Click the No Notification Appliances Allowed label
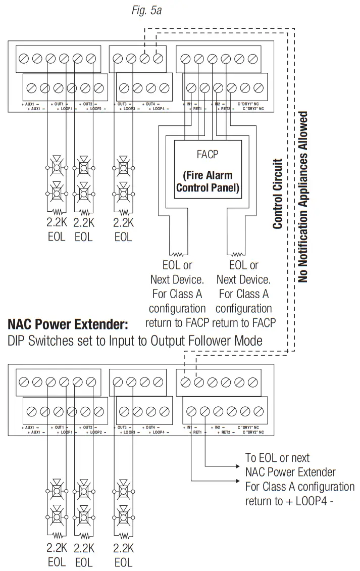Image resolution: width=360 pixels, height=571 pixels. point(302,197)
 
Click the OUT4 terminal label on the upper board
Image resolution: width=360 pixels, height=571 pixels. point(150,104)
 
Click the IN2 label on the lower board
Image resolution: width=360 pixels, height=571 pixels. point(218,428)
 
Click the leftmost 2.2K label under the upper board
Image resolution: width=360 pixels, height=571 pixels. point(57,223)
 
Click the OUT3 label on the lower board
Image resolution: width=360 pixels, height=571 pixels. point(122,428)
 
